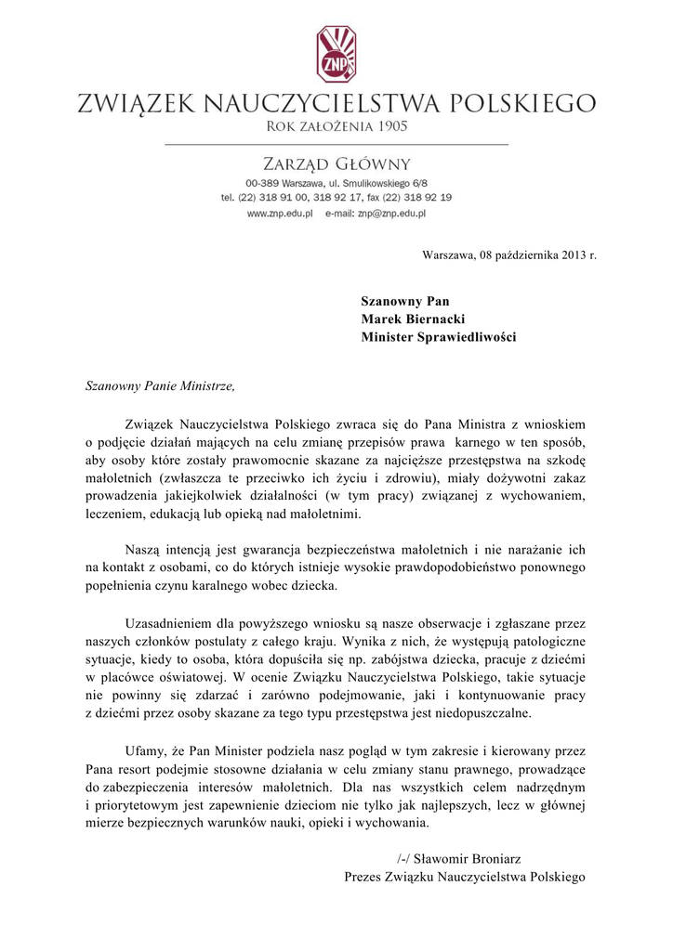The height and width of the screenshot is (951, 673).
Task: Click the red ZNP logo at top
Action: (336, 54)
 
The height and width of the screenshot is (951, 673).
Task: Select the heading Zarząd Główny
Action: (336, 164)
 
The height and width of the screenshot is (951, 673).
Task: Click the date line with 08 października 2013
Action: (508, 254)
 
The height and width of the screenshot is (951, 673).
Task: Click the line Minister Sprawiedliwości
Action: (438, 337)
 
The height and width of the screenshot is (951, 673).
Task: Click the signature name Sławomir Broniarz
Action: (474, 858)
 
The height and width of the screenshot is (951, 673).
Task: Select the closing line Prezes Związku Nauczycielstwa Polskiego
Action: (464, 876)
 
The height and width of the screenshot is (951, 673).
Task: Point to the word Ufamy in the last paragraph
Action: (144, 750)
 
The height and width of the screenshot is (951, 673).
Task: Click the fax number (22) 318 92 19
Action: (415, 198)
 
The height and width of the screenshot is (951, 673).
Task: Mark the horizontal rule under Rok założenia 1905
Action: (336, 144)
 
